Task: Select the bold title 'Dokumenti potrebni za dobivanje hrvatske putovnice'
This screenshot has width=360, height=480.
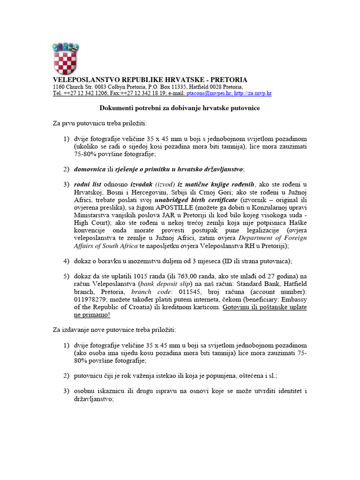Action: coord(180,108)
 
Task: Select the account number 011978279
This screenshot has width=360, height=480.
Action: coord(89,300)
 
